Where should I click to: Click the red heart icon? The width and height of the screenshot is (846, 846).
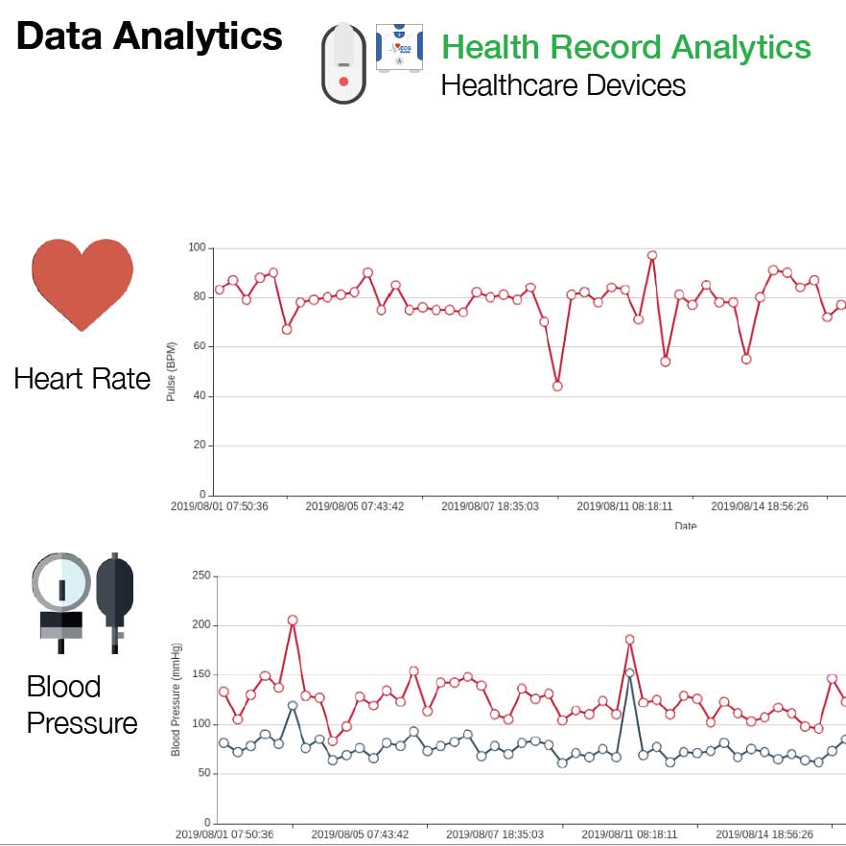point(82,284)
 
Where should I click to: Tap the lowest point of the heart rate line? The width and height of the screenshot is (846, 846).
point(557,387)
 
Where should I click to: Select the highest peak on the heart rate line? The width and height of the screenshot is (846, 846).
point(652,256)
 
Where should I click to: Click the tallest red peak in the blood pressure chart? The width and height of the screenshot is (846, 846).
point(293,621)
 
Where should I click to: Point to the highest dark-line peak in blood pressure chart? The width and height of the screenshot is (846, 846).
point(629,673)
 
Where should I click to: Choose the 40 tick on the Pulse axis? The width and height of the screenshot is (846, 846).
point(199,396)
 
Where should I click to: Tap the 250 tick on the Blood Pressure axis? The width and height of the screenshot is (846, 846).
point(200,576)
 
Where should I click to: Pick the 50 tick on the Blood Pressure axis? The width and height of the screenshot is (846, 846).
point(203,773)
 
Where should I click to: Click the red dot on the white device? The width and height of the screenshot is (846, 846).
point(343,82)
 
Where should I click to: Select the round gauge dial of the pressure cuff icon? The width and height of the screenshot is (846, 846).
point(61,582)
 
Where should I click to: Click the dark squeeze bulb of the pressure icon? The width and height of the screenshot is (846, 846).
point(115,591)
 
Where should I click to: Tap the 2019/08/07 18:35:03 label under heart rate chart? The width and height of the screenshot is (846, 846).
point(490,506)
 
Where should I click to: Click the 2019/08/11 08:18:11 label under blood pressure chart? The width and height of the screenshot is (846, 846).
point(629,834)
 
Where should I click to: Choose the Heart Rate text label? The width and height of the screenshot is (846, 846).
point(82,379)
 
